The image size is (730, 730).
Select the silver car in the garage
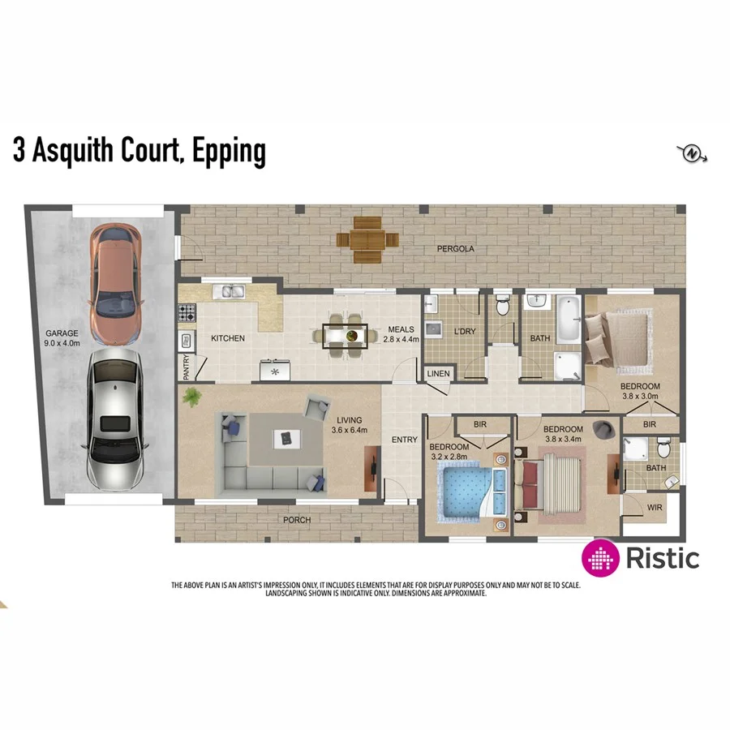click(x=114, y=423)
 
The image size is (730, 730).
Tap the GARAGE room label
click(x=61, y=333)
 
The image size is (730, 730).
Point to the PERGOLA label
click(x=455, y=248)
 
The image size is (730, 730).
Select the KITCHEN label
click(x=228, y=338)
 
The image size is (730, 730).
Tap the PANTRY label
click(x=187, y=367)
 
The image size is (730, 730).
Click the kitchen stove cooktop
click(x=187, y=311)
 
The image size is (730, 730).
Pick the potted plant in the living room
click(x=193, y=397)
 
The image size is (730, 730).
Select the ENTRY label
click(x=404, y=440)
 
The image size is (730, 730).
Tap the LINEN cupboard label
click(x=439, y=373)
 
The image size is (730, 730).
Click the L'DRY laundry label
click(x=464, y=331)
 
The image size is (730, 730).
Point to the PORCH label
click(x=296, y=520)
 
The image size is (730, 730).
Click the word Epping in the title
click(x=228, y=151)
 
